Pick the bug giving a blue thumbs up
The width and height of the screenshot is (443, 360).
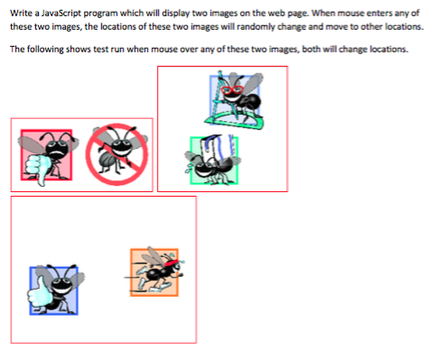54,290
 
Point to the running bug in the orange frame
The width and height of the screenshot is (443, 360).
154,271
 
